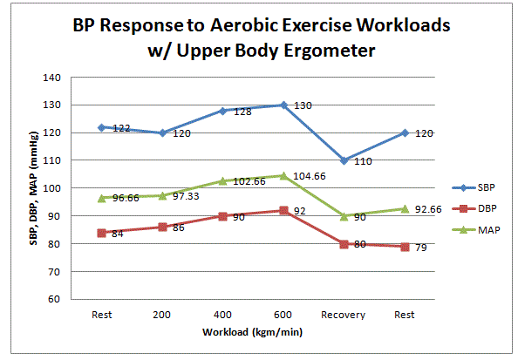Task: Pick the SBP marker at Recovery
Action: click(344, 160)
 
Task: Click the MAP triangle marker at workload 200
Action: click(162, 195)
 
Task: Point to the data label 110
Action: click(363, 161)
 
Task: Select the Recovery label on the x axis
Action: click(344, 315)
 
